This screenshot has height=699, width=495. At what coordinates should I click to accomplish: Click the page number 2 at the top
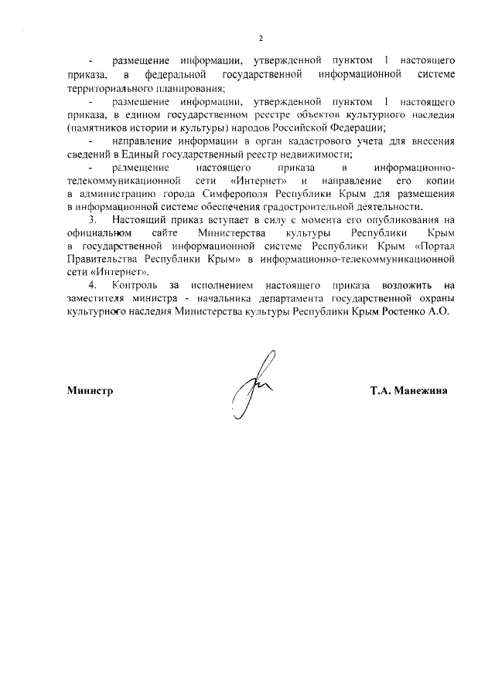(261, 38)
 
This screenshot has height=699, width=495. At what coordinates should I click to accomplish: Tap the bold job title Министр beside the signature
(90, 390)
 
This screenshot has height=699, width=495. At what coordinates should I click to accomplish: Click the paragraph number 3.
(92, 220)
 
